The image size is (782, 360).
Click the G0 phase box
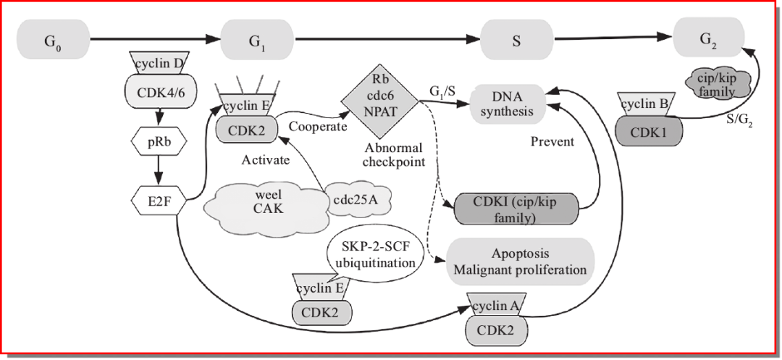tap(53, 40)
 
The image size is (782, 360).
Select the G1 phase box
tap(257, 40)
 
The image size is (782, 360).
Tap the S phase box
tap(516, 41)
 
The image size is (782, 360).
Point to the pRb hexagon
tap(159, 141)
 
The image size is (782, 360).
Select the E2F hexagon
tap(159, 201)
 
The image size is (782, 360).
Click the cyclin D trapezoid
tap(159, 64)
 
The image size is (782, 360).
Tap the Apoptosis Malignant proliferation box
tap(520, 262)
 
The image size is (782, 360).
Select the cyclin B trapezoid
tap(644, 104)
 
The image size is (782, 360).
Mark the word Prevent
tap(552, 141)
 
